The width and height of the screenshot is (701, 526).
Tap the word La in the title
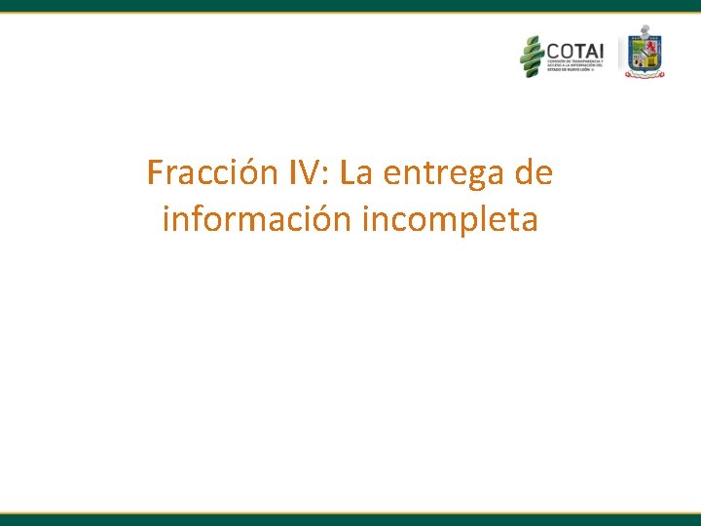[x=357, y=173]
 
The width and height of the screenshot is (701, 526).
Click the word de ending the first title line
[x=533, y=173]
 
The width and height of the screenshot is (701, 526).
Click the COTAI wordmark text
[x=574, y=50]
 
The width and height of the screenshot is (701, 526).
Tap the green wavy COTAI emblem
[x=532, y=56]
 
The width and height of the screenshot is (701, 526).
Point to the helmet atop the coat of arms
[x=645, y=31]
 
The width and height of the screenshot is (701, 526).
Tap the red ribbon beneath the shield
[x=645, y=75]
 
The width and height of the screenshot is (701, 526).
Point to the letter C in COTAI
[x=553, y=50]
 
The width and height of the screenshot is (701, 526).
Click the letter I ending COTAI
[x=601, y=50]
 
